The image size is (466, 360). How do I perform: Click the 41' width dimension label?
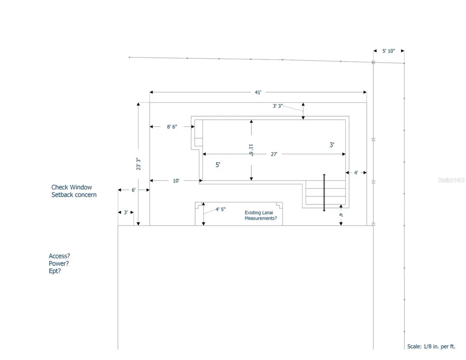point(258,92)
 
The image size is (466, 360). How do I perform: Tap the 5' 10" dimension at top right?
point(389,51)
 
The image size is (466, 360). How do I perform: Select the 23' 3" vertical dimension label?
point(138,164)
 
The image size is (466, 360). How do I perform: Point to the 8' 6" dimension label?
point(172,127)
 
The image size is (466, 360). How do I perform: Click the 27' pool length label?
point(274,154)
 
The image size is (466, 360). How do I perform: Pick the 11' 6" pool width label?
point(251,150)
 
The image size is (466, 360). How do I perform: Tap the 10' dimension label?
point(176,180)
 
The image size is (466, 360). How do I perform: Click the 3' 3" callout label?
point(278,106)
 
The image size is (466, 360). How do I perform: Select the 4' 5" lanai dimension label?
point(220,209)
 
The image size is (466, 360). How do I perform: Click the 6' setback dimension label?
point(133,190)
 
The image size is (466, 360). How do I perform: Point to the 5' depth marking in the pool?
point(218,165)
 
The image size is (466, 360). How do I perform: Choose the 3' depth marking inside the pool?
point(332,145)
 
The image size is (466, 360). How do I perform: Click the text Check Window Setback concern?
point(74,191)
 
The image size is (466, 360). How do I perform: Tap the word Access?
point(60,256)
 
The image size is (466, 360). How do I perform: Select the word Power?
point(59,263)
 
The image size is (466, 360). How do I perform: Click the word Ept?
point(55,271)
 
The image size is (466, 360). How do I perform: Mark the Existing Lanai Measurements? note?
point(260,215)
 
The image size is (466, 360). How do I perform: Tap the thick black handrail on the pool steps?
point(324,193)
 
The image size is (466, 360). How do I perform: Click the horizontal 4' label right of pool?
point(356,173)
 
